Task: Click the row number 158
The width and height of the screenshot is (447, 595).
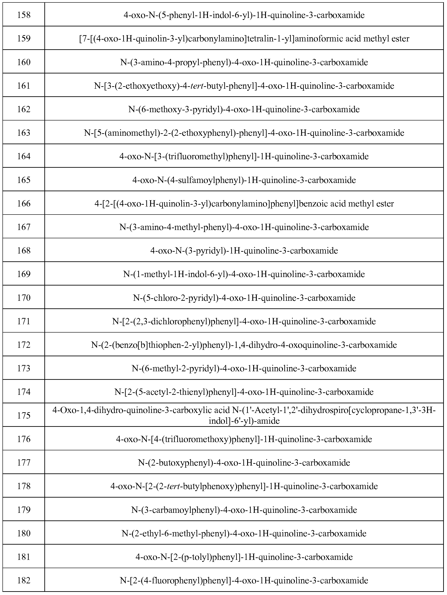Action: click(24, 15)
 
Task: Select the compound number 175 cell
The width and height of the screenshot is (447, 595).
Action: click(24, 416)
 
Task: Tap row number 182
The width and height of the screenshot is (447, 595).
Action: click(24, 580)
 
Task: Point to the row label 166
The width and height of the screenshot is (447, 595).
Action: click(24, 204)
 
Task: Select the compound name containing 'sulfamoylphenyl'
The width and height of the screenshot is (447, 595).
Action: click(244, 180)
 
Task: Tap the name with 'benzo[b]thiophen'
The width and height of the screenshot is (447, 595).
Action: click(244, 345)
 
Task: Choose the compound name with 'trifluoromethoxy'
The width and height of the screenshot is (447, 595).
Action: click(244, 439)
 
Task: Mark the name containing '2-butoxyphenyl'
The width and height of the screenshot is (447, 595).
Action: click(244, 463)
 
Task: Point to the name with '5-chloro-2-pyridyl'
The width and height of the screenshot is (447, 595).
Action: click(244, 298)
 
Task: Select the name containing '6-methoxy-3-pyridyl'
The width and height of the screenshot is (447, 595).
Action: click(244, 110)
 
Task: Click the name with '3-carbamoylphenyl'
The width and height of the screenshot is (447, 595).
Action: click(244, 510)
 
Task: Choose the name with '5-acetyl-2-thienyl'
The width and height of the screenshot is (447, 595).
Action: click(244, 392)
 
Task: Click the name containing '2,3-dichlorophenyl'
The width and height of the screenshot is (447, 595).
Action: click(244, 321)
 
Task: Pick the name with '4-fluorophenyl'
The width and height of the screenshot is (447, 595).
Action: click(244, 580)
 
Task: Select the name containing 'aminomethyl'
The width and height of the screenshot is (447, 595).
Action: click(244, 133)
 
